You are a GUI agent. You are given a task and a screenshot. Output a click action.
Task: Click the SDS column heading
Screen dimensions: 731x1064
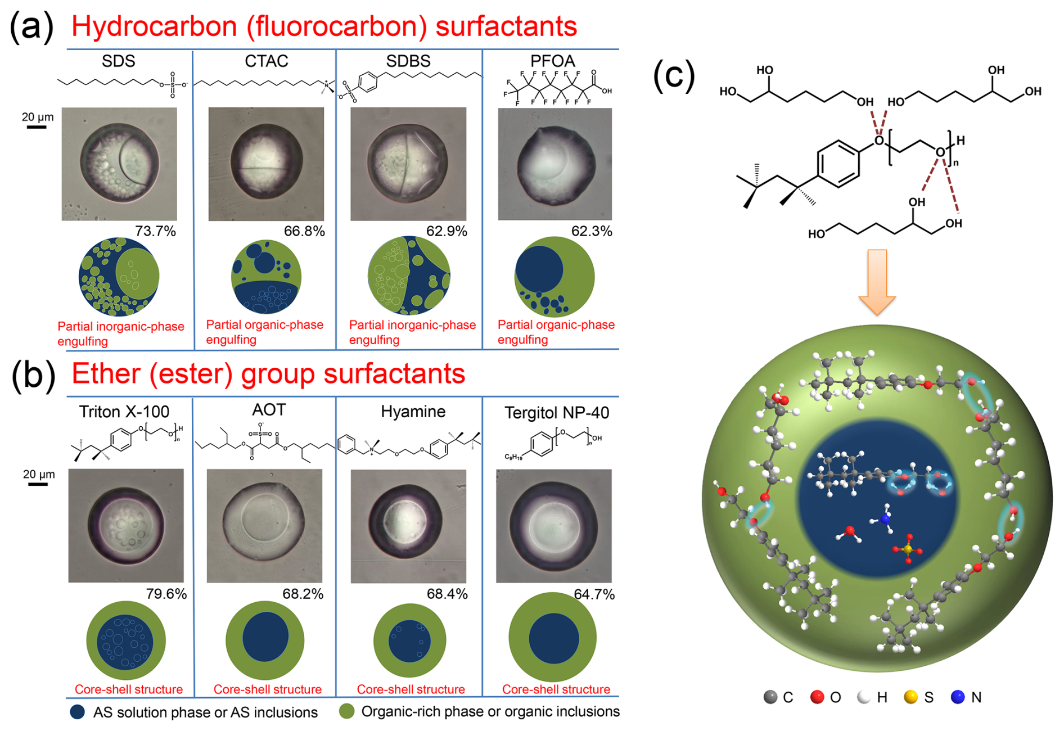(118, 61)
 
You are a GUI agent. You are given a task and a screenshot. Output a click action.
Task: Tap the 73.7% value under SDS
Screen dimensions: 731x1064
(155, 231)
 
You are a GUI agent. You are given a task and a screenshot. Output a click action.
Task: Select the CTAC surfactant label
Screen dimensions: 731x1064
(266, 61)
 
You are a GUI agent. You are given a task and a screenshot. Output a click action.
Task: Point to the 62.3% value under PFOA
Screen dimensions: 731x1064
(591, 231)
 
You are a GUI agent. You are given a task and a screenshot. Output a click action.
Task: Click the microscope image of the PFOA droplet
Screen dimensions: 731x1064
(554, 164)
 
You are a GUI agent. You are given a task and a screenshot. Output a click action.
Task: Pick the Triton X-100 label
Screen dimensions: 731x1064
(124, 412)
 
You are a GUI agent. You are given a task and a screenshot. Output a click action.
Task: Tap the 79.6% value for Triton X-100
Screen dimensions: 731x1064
(166, 594)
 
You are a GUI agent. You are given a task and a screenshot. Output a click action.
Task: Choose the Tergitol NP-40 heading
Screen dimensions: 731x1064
(556, 413)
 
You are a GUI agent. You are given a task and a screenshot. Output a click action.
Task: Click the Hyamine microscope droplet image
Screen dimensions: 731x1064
(408, 526)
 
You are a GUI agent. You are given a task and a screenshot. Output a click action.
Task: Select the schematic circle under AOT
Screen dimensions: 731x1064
(265, 639)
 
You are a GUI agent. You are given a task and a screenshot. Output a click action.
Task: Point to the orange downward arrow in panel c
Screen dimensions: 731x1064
(877, 281)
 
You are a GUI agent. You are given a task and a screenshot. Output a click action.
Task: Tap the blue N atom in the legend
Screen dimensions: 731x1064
(958, 697)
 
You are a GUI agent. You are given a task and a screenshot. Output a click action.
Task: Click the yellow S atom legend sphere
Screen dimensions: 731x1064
(910, 697)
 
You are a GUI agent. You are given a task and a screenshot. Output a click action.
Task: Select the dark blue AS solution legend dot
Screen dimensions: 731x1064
(78, 712)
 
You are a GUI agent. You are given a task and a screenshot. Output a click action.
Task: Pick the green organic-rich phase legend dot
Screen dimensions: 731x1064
(347, 711)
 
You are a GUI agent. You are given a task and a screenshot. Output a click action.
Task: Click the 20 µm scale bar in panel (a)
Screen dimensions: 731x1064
(37, 127)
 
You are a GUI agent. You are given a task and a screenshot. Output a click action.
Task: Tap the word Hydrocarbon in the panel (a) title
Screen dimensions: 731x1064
(154, 26)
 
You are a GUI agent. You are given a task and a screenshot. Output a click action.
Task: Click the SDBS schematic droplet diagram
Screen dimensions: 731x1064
(409, 276)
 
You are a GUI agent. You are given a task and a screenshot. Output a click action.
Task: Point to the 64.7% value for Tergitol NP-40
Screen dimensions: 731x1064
(594, 594)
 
